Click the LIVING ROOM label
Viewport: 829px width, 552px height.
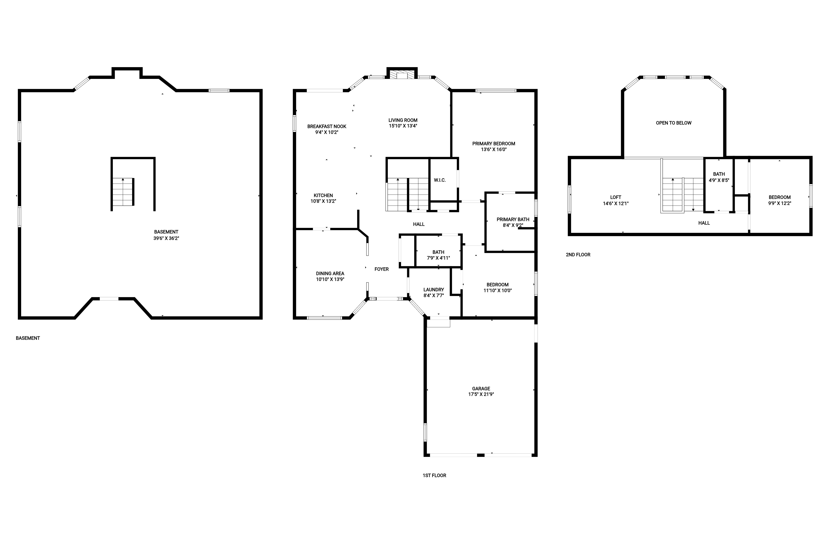(403, 120)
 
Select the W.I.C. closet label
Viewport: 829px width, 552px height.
(440, 180)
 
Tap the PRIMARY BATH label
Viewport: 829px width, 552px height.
(513, 219)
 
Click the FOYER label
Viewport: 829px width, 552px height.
(382, 269)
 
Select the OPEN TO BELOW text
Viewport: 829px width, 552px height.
(674, 123)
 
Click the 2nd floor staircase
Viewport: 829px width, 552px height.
(683, 195)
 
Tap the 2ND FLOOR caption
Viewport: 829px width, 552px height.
(578, 255)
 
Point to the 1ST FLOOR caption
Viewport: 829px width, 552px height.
(434, 475)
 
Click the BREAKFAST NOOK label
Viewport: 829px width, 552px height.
(327, 126)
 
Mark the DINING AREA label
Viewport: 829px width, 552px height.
(330, 273)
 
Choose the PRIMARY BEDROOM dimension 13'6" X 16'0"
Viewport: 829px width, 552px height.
(494, 149)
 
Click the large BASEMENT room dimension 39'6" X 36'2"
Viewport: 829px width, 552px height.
(166, 238)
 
